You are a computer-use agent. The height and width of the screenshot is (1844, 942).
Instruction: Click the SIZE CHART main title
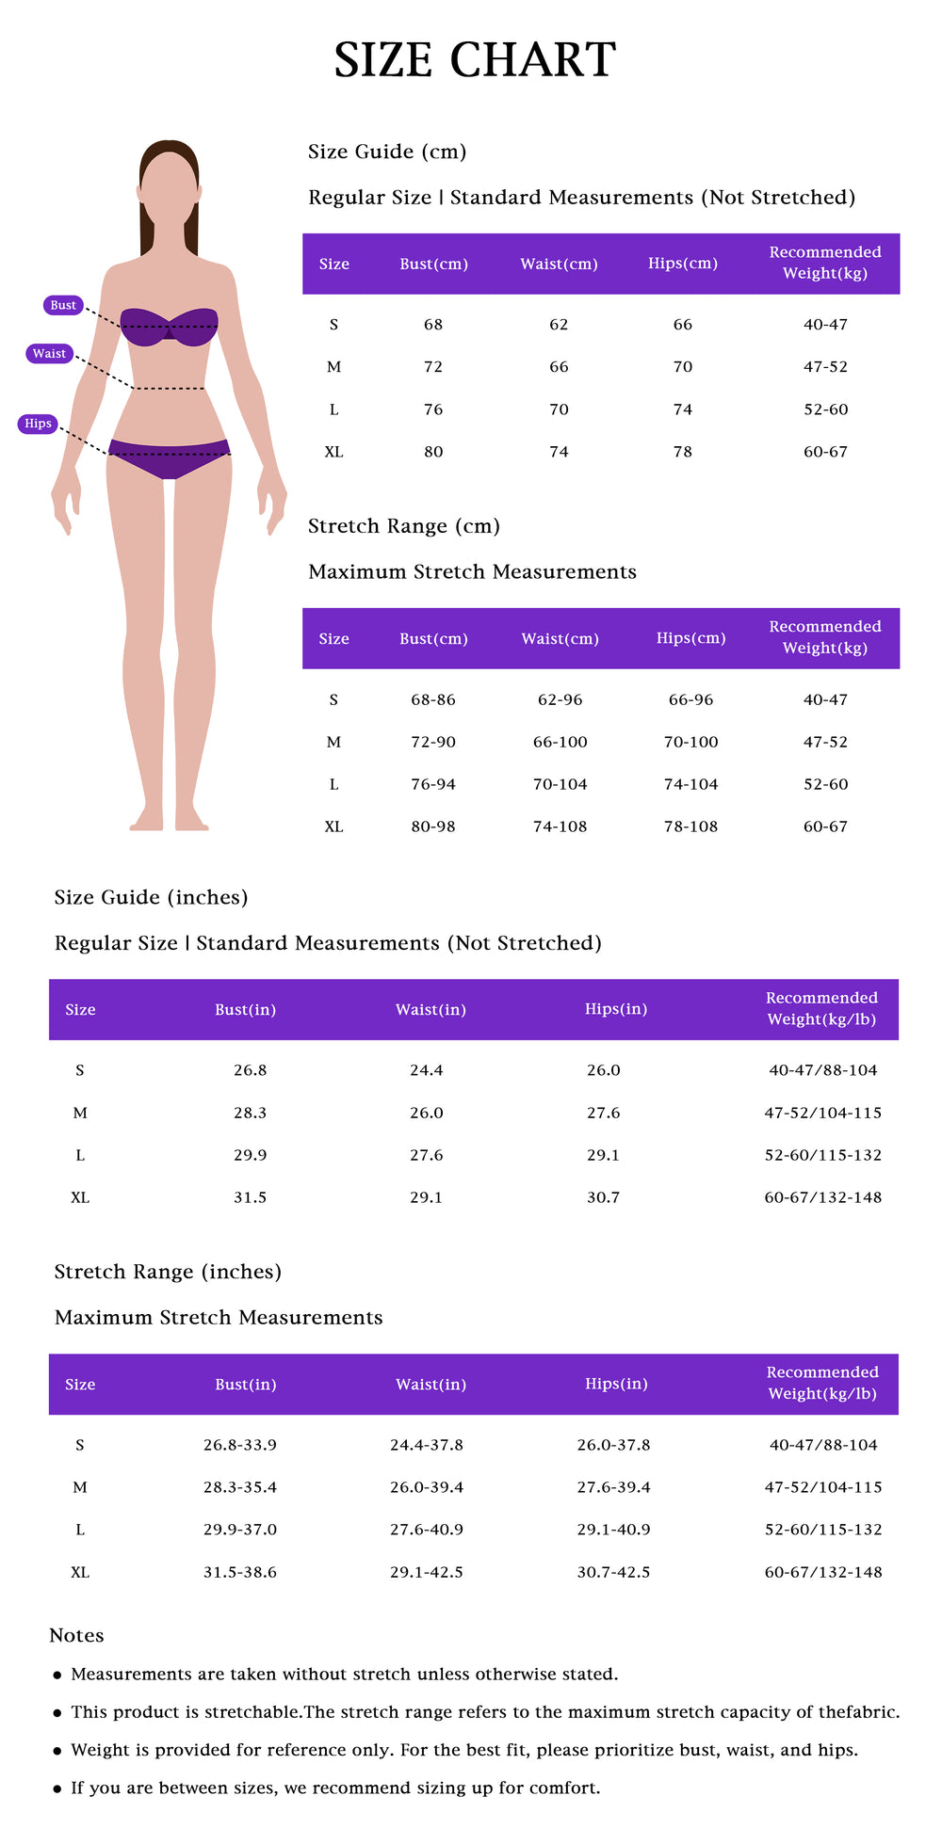(x=475, y=60)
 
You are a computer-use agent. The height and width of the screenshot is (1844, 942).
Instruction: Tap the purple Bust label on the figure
(x=63, y=305)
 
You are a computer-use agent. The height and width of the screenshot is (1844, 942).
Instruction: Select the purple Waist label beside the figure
(x=49, y=354)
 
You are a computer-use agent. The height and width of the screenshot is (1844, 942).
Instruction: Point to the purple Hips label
(x=38, y=424)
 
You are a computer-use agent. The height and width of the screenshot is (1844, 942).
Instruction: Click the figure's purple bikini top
(x=170, y=326)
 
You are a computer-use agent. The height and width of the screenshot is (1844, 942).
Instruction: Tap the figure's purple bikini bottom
(x=170, y=457)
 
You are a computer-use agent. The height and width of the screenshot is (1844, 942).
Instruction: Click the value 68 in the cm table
(x=433, y=325)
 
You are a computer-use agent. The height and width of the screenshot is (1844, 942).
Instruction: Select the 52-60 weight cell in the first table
(x=825, y=409)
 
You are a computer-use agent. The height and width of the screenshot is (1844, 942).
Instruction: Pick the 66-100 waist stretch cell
(x=560, y=742)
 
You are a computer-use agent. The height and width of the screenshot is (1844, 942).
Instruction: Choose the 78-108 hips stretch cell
(x=690, y=826)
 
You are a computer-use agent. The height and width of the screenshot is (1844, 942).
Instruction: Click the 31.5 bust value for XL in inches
(x=250, y=1197)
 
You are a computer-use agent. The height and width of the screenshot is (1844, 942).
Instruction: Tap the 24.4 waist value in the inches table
(x=426, y=1070)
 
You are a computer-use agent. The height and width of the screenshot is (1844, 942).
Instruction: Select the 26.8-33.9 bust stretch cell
(x=240, y=1445)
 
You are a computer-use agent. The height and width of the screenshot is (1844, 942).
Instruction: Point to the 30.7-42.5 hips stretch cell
(x=613, y=1572)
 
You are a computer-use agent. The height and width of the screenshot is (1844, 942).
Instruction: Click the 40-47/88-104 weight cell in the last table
(x=822, y=1445)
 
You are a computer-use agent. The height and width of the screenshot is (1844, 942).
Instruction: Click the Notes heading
(x=76, y=1635)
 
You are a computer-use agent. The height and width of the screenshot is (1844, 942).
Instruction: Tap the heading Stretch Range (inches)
(x=168, y=1272)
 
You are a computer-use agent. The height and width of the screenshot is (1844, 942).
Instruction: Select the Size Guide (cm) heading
(x=387, y=152)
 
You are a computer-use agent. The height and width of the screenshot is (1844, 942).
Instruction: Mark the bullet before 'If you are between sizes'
(x=57, y=1788)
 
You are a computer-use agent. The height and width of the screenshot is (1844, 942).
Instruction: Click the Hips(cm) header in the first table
(x=682, y=264)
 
